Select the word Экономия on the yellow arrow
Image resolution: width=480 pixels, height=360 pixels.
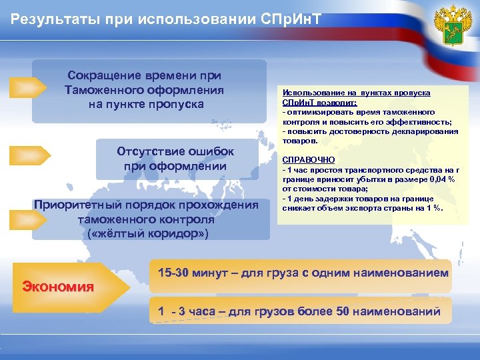click(x=58, y=287)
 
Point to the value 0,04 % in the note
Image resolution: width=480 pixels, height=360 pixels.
click(x=443, y=179)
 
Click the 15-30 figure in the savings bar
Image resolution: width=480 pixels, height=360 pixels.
click(x=175, y=274)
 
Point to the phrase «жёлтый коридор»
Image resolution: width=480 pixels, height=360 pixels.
click(x=148, y=233)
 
